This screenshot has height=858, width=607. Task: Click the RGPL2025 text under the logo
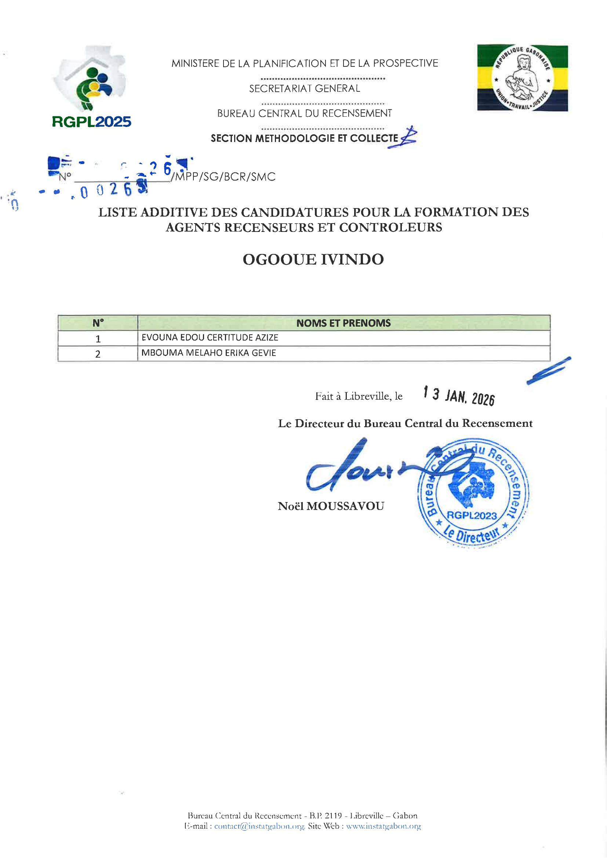click(92, 122)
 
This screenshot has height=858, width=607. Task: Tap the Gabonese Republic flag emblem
click(522, 78)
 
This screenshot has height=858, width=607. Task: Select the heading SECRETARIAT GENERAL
click(304, 88)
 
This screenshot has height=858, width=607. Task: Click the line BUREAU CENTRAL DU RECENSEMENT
click(304, 113)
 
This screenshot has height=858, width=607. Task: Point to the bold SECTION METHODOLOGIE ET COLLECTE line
click(304, 138)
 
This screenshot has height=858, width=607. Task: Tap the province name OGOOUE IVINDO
click(313, 259)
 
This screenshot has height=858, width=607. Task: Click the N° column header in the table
click(98, 323)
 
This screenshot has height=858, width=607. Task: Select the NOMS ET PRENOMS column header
click(343, 323)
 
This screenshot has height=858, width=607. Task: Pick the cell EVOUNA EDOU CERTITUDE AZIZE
click(210, 338)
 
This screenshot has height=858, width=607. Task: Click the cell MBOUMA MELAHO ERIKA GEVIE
click(208, 353)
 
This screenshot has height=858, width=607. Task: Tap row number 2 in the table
click(98, 354)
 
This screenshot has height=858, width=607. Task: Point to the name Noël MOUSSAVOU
click(331, 506)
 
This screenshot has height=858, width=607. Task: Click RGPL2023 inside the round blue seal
click(472, 515)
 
